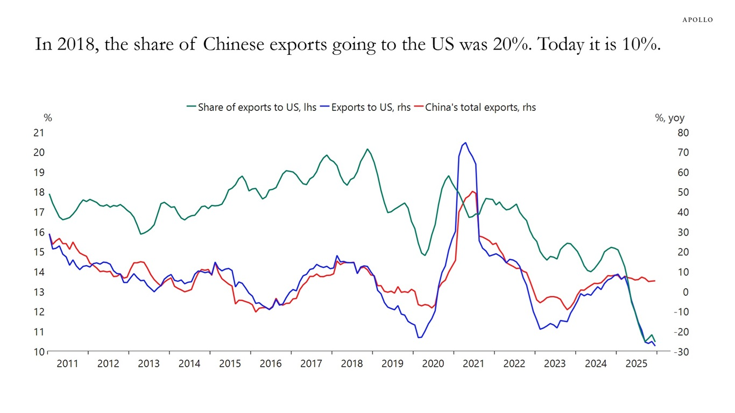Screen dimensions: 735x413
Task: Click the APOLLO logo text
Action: (697, 20)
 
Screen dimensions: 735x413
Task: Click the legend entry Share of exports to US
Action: (252, 107)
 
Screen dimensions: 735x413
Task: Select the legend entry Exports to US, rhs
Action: (365, 107)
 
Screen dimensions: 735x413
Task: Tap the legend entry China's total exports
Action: (475, 107)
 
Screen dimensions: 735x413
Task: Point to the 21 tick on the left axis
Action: (39, 133)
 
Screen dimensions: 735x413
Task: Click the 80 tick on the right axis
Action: (683, 133)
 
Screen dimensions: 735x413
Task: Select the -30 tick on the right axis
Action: (681, 352)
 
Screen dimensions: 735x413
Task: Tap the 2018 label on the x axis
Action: (352, 364)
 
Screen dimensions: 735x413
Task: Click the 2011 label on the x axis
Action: (67, 364)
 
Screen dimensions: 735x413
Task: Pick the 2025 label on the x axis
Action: (636, 364)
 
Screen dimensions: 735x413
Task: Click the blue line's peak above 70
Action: (465, 143)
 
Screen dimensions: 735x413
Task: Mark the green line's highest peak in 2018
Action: (367, 149)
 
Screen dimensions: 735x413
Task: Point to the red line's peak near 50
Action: (472, 191)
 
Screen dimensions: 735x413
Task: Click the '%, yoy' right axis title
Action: (670, 118)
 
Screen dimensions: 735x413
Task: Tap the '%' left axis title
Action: (48, 118)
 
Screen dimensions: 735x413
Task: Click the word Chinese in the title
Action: (234, 44)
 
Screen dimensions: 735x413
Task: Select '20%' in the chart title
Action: (512, 44)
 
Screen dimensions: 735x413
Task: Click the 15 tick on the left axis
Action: (39, 252)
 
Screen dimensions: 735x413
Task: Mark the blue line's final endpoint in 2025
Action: (655, 346)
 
